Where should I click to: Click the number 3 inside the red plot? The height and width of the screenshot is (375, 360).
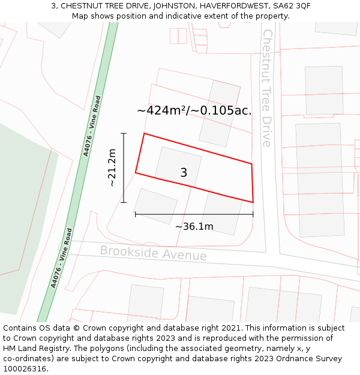click(x=184, y=173)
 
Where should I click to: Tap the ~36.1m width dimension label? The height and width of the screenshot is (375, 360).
click(x=194, y=227)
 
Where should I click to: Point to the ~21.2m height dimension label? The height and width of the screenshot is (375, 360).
click(x=112, y=168)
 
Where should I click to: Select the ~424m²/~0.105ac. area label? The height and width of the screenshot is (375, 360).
click(x=194, y=110)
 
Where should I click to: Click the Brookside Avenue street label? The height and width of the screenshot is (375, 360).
click(x=153, y=253)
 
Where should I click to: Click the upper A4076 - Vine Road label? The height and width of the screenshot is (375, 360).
click(x=92, y=126)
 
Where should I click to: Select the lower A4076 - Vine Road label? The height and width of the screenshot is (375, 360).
click(x=62, y=258)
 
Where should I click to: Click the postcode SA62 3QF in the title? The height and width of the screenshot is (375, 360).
click(x=292, y=5)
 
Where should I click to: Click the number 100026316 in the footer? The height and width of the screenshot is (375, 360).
click(x=26, y=369)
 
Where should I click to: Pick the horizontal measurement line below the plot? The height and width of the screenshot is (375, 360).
click(x=194, y=214)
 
